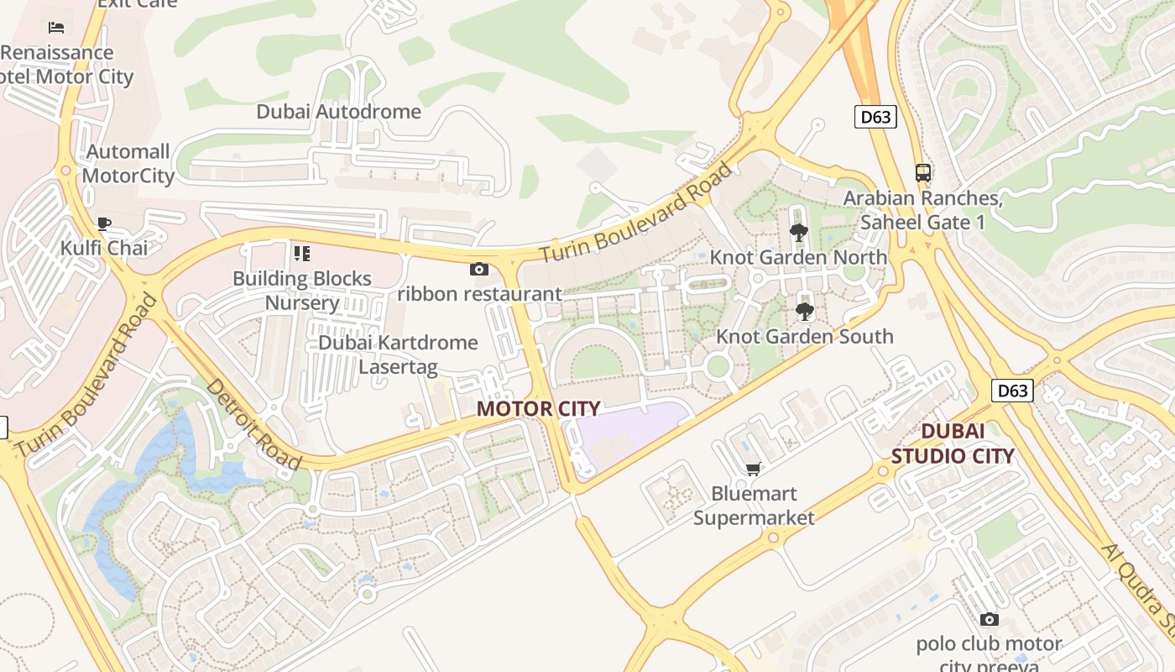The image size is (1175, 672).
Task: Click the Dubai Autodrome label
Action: point(338,112)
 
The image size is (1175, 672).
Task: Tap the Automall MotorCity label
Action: point(128,164)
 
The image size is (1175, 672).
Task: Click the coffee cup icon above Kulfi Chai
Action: point(104,223)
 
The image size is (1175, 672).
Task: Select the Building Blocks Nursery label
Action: point(302,291)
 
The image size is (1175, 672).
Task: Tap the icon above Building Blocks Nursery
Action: point(301,254)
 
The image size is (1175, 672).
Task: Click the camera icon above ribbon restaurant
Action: point(479,270)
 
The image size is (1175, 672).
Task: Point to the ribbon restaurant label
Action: point(479,294)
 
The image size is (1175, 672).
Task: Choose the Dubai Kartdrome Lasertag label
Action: point(398,354)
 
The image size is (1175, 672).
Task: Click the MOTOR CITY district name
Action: point(538,409)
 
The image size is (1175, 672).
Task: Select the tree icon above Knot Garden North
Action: point(799,233)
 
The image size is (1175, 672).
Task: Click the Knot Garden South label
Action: point(804,337)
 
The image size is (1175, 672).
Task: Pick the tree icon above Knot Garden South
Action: point(804,312)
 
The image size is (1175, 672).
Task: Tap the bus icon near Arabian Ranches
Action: point(923,173)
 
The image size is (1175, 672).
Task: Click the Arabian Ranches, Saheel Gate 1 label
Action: point(923,210)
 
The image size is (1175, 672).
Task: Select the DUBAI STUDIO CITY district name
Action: point(953,444)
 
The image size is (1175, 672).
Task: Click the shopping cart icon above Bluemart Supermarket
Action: point(753,470)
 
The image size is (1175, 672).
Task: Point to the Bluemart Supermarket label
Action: point(754,505)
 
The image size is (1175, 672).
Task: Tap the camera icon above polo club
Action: point(990,620)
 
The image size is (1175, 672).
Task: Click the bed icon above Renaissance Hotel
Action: point(56,28)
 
